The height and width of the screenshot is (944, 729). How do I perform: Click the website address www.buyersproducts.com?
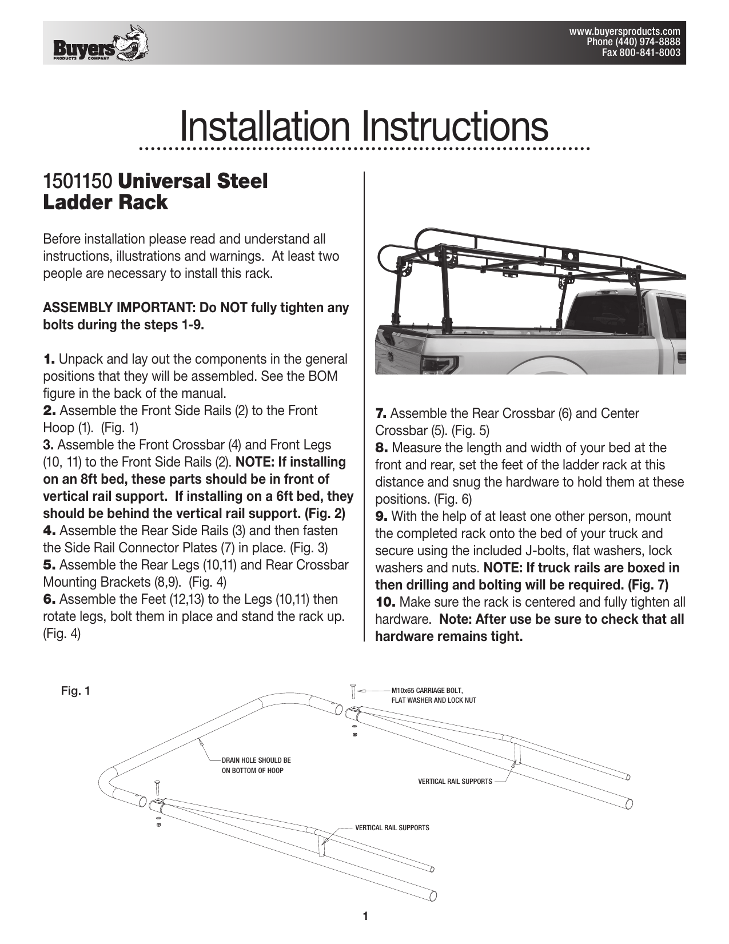pos(624,31)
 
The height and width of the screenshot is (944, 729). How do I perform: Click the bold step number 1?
pos(49,360)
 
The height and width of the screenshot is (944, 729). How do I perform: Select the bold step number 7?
pos(381,413)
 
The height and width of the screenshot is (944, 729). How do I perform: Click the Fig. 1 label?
pos(75,691)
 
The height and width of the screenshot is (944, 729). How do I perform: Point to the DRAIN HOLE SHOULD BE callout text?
pos(256,760)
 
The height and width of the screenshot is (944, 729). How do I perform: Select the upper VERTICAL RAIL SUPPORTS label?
pos(455,781)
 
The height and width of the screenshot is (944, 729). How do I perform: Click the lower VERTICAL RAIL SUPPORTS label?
pos(392,828)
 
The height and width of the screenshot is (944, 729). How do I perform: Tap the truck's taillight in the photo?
pos(443,363)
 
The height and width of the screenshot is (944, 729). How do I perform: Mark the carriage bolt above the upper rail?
pos(353,691)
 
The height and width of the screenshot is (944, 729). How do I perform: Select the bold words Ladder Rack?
pos(106,202)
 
